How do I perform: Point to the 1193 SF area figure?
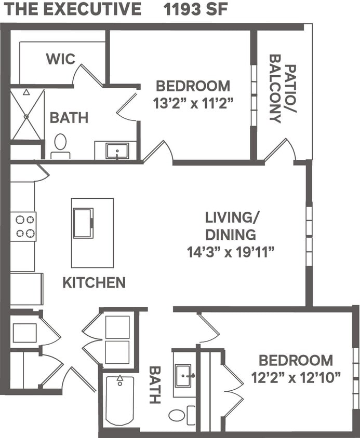point(195,9)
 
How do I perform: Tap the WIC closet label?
point(60,59)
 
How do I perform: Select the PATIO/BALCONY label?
point(283,93)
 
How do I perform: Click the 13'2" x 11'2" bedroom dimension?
point(192,103)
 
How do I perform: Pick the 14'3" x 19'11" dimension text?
point(230,252)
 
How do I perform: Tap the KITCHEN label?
point(94,283)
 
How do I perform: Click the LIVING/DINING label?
point(231,225)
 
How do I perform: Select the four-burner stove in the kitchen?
point(23,226)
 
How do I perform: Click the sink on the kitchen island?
point(83,223)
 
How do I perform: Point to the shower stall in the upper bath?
point(28,114)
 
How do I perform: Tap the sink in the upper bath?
point(117,151)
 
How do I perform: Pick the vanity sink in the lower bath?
point(184,375)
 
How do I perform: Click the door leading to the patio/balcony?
point(280,150)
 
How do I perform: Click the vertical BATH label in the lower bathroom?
point(155,385)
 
